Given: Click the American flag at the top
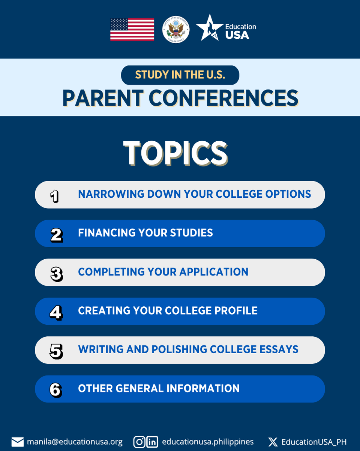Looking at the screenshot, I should click(x=132, y=30).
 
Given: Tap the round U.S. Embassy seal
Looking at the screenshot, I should click(x=176, y=30).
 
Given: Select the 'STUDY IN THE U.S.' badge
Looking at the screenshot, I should click(x=180, y=75).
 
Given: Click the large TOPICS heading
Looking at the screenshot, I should click(x=175, y=154).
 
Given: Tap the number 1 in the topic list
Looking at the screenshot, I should click(x=55, y=195).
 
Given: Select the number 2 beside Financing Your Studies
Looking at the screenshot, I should click(x=56, y=234).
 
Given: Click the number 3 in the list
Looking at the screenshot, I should click(x=56, y=273).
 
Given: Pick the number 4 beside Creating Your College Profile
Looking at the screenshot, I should click(x=56, y=312).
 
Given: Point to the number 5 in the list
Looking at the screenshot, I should click(x=56, y=351).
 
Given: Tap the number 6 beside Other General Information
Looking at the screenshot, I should click(x=55, y=390).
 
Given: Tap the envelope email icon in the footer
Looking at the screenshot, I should click(x=18, y=442).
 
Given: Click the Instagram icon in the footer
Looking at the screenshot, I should click(x=139, y=442).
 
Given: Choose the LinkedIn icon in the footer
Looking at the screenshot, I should click(x=152, y=442).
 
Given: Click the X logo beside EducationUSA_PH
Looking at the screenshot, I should click(x=273, y=442).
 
